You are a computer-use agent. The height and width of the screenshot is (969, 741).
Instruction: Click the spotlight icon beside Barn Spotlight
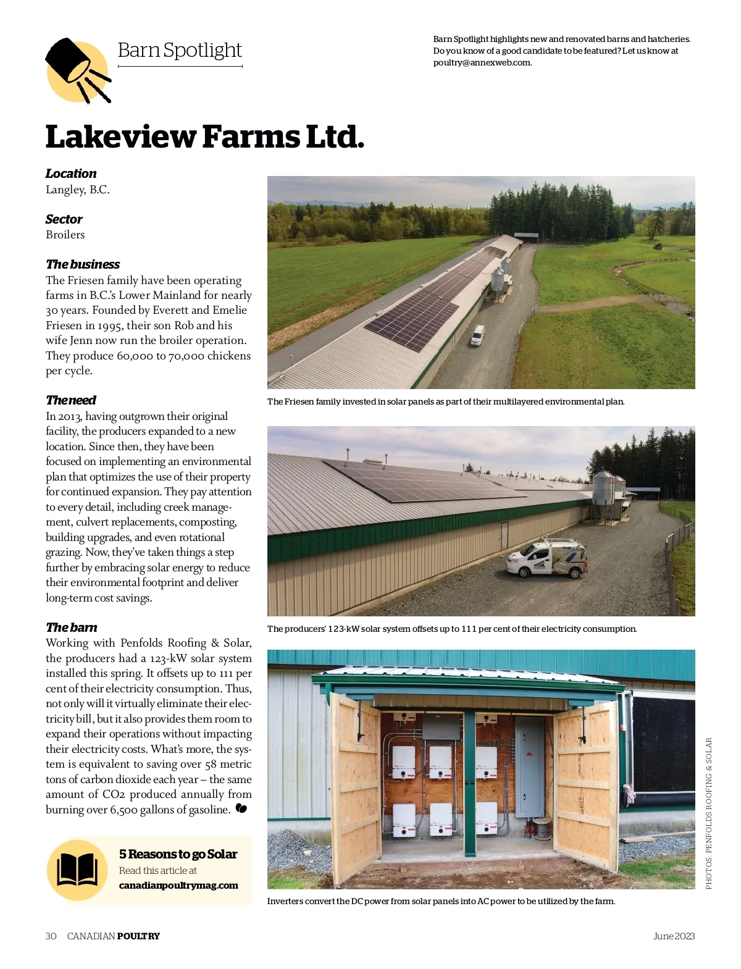click(77, 70)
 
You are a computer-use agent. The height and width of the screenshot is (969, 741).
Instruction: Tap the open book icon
click(77, 870)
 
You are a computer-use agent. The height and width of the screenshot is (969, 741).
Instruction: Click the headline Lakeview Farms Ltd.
click(204, 137)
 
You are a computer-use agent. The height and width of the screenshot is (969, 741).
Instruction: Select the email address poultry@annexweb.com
click(482, 62)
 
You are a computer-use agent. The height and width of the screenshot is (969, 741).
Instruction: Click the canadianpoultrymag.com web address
click(178, 885)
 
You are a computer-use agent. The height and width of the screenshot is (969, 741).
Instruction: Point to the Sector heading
click(64, 219)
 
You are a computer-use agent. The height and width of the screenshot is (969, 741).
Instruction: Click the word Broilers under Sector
click(65, 235)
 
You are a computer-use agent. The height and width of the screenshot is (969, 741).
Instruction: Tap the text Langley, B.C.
click(78, 190)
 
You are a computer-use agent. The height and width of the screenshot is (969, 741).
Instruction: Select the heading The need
click(70, 400)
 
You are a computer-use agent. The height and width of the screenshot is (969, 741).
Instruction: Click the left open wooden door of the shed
click(356, 784)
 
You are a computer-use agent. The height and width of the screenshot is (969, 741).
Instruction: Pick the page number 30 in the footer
click(51, 936)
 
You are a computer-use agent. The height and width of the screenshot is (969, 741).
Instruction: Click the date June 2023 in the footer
click(674, 936)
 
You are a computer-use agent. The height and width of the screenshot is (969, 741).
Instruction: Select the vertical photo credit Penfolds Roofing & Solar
click(708, 813)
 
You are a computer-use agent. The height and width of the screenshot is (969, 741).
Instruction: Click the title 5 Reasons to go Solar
click(178, 854)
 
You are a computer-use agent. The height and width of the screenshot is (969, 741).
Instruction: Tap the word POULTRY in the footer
click(138, 936)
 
